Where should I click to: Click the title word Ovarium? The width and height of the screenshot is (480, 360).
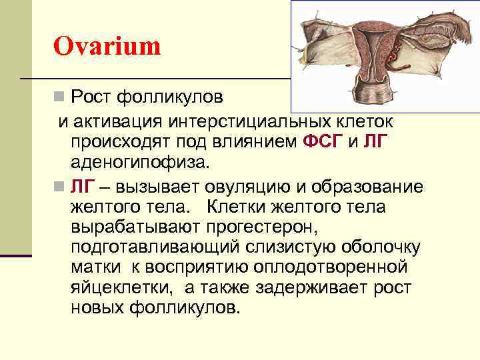pos(107,47)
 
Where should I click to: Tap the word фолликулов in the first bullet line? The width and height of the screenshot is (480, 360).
pos(169,98)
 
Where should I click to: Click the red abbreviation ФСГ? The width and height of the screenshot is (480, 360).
pos(323,141)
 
